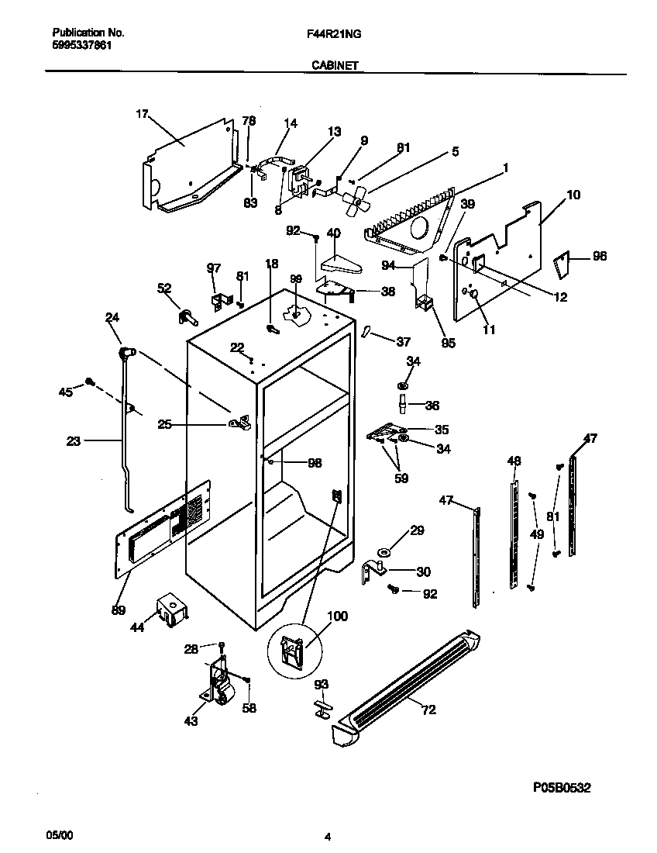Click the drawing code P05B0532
click(562, 787)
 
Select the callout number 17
click(142, 114)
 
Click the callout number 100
click(338, 616)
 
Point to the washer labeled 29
click(384, 552)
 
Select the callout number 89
click(119, 610)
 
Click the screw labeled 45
click(90, 381)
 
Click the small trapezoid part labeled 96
click(563, 266)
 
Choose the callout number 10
click(573, 195)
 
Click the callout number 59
click(401, 478)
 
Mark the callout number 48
click(514, 461)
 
